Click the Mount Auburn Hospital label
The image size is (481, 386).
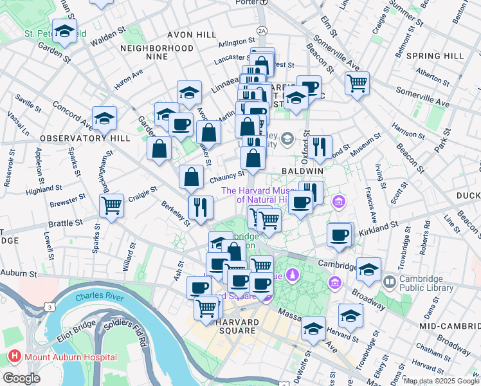[71, 356]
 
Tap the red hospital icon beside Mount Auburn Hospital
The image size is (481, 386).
[14, 356]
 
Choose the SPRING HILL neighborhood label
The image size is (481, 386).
[431, 56]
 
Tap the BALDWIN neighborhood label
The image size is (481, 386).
[302, 171]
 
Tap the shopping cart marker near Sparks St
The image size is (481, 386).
[112, 207]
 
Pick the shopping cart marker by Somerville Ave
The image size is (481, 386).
[357, 82]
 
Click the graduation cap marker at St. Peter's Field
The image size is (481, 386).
[64, 30]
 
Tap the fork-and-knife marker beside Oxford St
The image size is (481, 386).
[320, 147]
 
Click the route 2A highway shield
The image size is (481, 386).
[261, 30]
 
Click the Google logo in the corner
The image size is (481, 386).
[22, 378]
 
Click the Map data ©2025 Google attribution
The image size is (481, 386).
[440, 381]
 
